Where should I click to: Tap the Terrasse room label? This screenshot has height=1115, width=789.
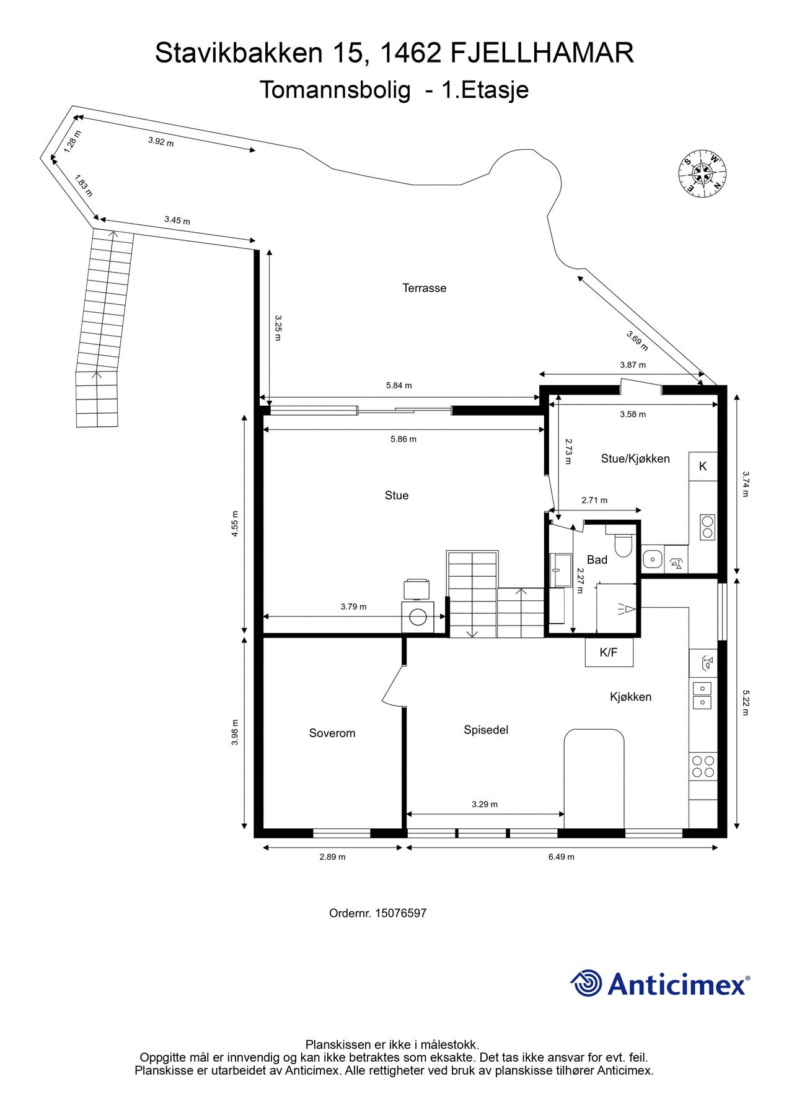(x=425, y=288)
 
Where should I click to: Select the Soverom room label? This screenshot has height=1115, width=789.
(x=332, y=733)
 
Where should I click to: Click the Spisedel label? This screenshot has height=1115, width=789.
(x=486, y=730)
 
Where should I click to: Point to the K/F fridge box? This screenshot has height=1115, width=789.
(x=609, y=652)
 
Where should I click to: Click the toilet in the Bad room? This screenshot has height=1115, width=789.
(x=622, y=543)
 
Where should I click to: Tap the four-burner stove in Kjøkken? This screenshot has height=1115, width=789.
(x=703, y=766)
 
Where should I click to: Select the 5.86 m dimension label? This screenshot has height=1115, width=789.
(x=403, y=439)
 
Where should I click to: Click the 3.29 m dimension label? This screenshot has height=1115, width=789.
(x=485, y=805)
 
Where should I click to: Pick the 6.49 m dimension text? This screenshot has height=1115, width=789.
(x=562, y=857)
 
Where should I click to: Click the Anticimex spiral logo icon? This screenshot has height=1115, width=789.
(x=586, y=983)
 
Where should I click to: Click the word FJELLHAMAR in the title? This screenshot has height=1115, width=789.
(x=542, y=53)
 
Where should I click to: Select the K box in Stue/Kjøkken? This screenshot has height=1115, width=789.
(x=703, y=466)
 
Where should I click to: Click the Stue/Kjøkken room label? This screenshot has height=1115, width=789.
(x=635, y=459)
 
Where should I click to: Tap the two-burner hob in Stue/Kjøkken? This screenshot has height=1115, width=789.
(x=707, y=527)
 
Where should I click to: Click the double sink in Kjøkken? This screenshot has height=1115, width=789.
(x=702, y=695)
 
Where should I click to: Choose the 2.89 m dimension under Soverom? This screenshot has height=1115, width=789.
(x=332, y=857)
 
